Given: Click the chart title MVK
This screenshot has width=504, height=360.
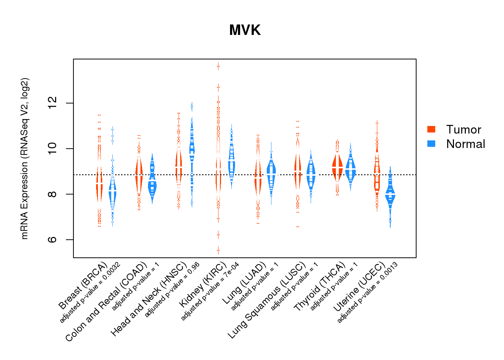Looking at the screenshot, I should (245, 30).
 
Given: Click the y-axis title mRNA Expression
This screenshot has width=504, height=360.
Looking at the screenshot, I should (25, 158).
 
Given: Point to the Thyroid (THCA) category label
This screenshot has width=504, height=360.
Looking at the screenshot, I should (319, 287).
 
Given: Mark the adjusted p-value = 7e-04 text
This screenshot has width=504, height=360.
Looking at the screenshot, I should (210, 292).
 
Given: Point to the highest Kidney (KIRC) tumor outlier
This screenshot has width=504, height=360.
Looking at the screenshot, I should (218, 66).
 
